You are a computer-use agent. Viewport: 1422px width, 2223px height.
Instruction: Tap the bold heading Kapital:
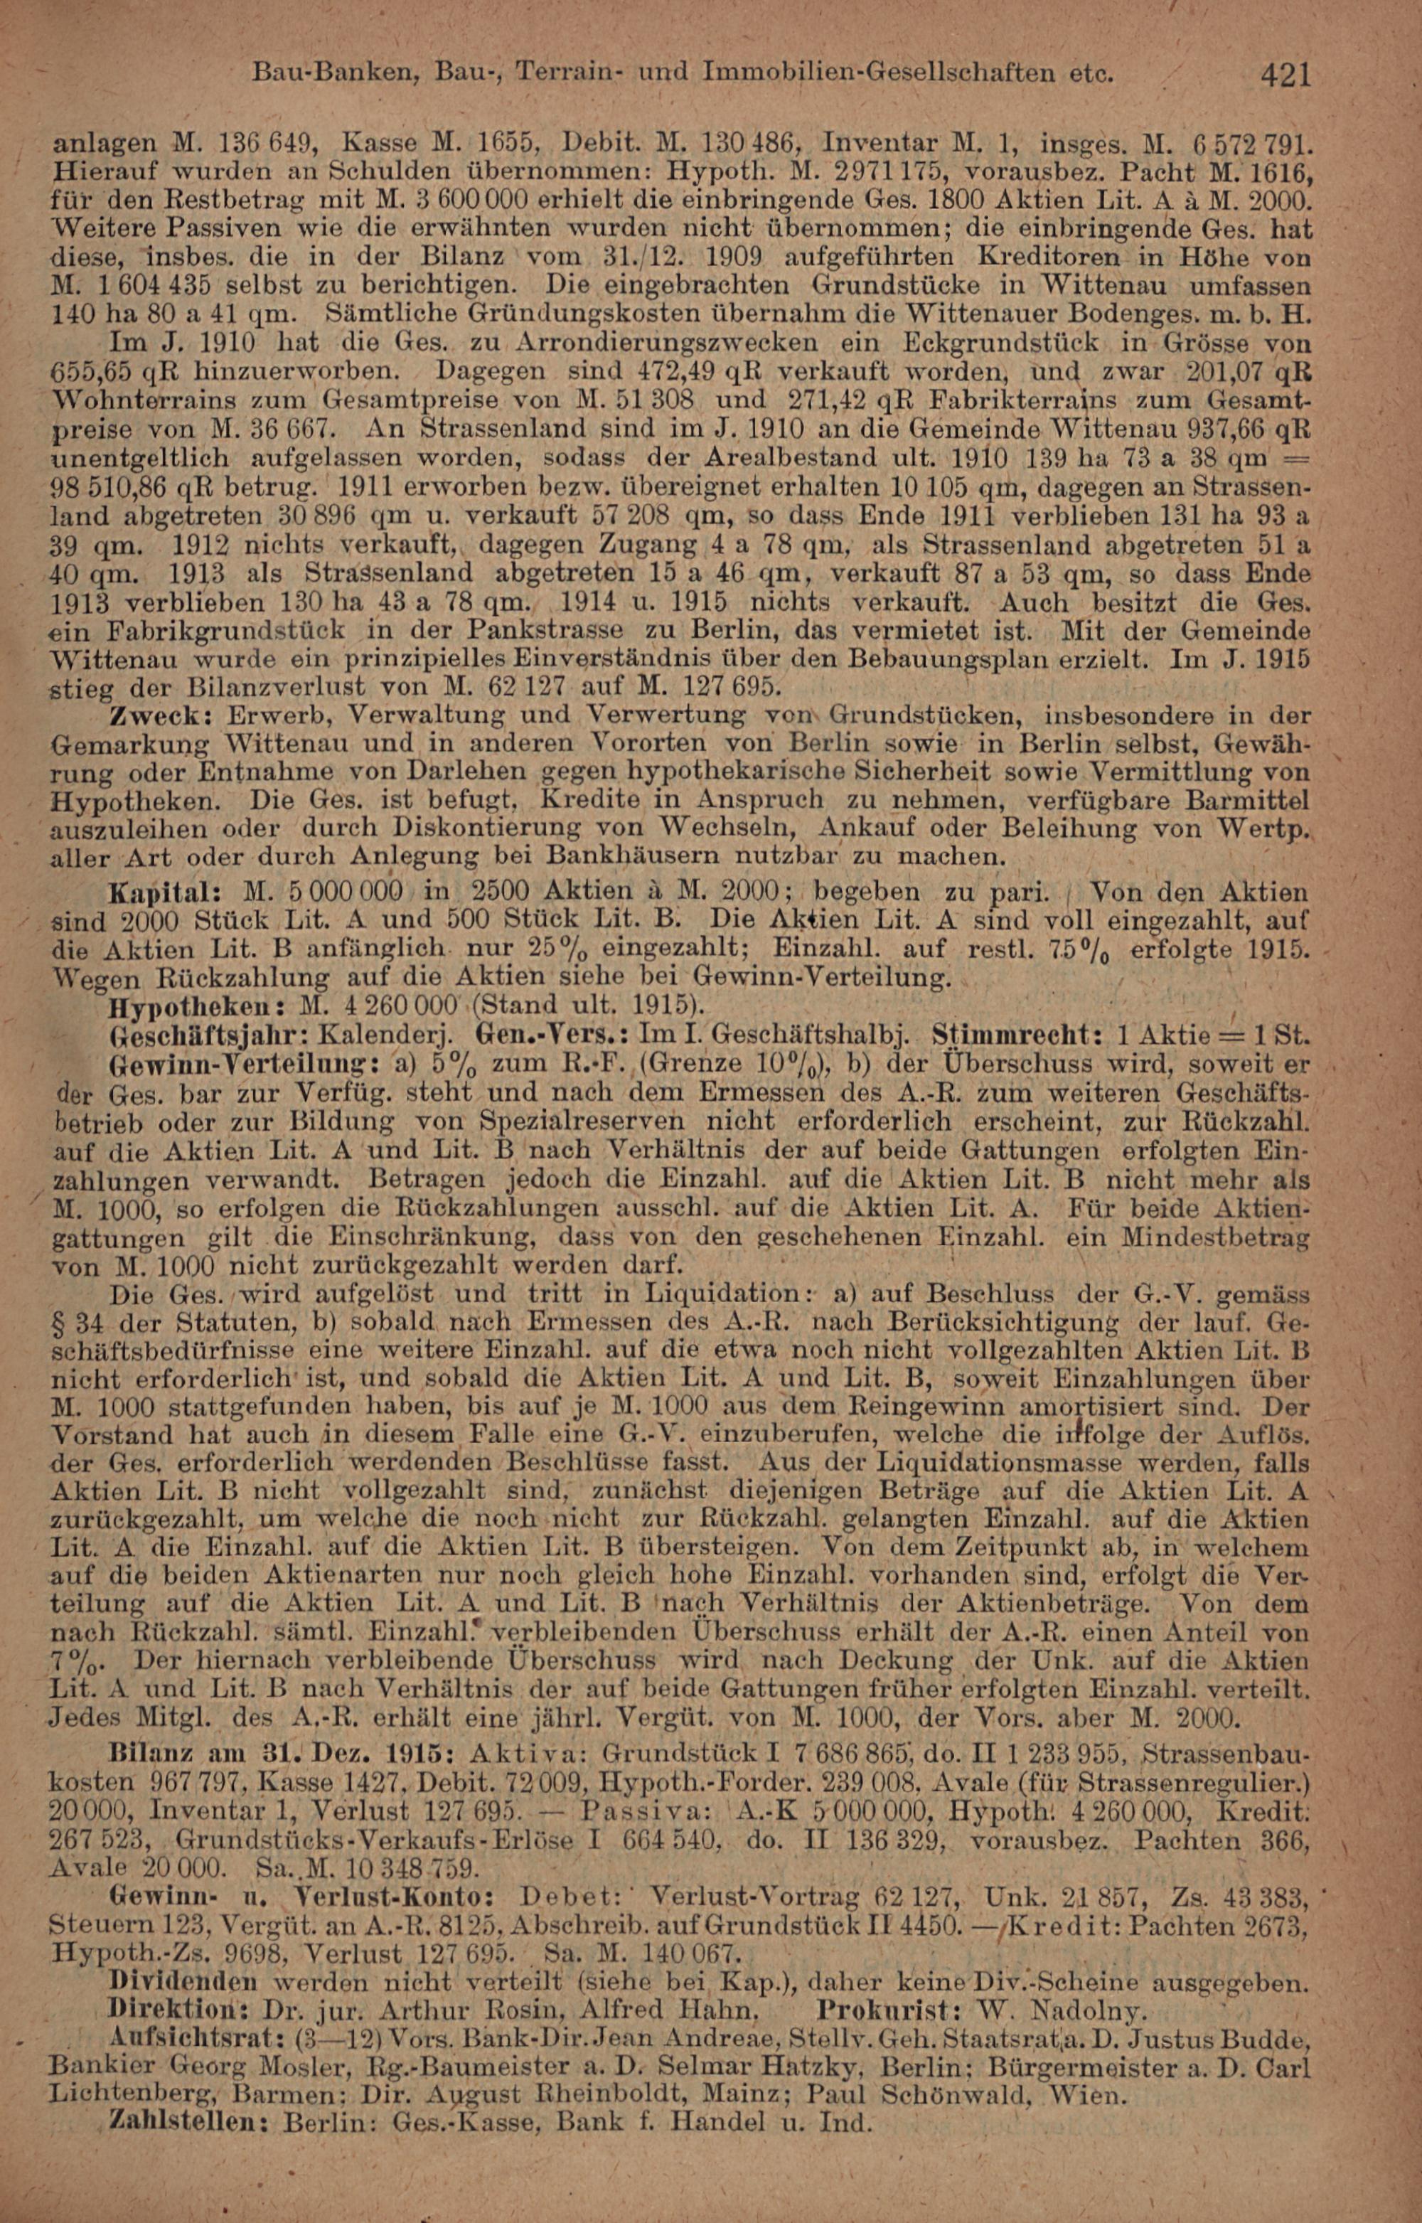pos(164,893)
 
